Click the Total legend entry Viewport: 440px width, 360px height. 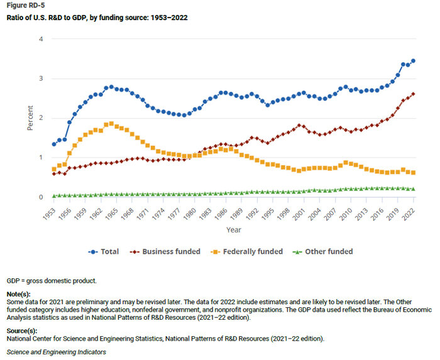tap(104, 251)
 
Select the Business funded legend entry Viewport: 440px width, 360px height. tap(162, 251)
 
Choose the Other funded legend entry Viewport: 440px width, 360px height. tap(323, 251)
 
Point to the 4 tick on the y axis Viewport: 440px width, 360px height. tap(41, 39)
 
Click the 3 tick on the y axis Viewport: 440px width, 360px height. tap(41, 79)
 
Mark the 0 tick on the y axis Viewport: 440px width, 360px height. tap(41, 197)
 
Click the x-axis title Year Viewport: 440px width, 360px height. tap(233, 230)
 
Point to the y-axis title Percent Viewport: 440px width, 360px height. tap(30, 118)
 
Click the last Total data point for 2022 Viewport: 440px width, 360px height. tap(413, 61)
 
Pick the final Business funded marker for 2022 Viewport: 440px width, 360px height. tap(413, 94)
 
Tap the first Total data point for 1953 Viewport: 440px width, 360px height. tap(54, 145)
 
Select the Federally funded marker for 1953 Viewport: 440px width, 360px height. tap(54, 169)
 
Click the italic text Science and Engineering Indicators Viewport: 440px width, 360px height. tap(57, 352)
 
